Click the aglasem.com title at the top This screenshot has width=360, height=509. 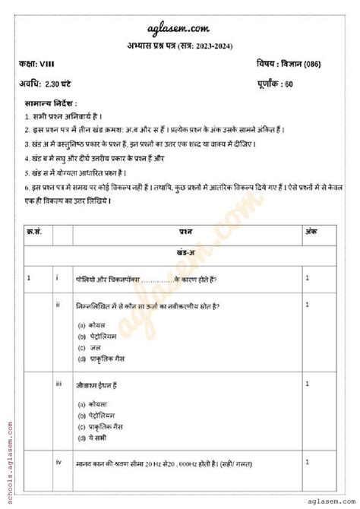click(x=179, y=27)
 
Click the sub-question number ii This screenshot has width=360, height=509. click(x=58, y=305)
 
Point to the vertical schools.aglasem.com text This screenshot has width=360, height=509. click(x=8, y=457)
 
